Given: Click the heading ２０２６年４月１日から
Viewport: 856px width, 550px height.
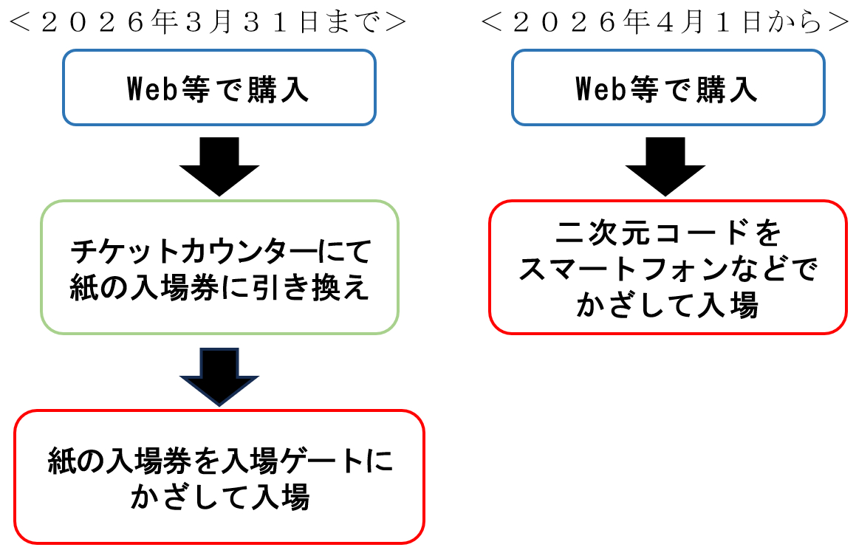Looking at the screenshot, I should pos(664,23).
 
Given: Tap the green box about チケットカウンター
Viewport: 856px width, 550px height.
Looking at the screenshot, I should pos(219,267).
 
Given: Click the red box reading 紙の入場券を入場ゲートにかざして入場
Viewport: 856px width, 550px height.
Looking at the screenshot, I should pos(219,477).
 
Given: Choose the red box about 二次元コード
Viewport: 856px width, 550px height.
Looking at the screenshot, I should pos(668,267).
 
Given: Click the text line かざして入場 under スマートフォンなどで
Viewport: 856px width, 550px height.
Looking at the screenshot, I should pos(668,304).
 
